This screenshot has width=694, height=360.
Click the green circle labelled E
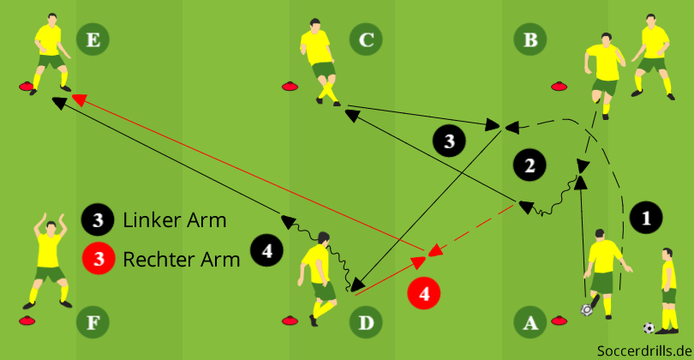[93, 39]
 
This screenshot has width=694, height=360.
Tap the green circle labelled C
[366, 39]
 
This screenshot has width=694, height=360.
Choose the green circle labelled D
[366, 322]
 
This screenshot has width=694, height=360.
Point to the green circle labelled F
[93, 322]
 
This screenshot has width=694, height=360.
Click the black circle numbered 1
[646, 218]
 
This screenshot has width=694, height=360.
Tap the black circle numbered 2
[529, 165]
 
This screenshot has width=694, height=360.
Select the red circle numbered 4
[425, 293]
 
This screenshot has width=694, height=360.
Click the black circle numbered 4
[266, 250]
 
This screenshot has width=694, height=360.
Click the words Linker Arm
[175, 220]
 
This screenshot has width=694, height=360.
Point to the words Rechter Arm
[181, 258]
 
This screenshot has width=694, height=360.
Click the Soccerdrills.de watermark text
[644, 351]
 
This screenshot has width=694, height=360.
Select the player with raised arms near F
[49, 259]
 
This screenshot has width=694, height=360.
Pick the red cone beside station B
[559, 85]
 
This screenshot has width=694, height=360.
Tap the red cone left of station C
[290, 85]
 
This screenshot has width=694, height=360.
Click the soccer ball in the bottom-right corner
[649, 327]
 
